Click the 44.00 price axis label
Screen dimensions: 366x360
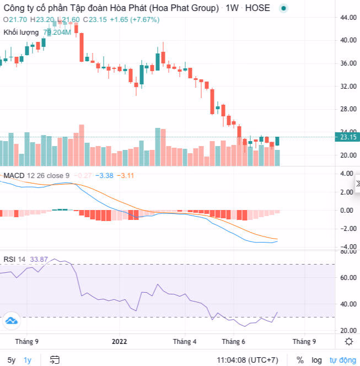pyautogui.click(x=348, y=17)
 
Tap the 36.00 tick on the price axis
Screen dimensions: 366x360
pyautogui.click(x=348, y=63)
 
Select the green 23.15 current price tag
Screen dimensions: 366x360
pyautogui.click(x=348, y=137)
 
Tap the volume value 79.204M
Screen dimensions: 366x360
pyautogui.click(x=57, y=32)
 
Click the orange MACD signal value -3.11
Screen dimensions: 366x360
pyautogui.click(x=127, y=175)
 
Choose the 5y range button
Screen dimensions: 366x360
pyautogui.click(x=12, y=360)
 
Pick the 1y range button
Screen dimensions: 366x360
pyautogui.click(x=28, y=360)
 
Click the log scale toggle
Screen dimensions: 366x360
pyautogui.click(x=317, y=360)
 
